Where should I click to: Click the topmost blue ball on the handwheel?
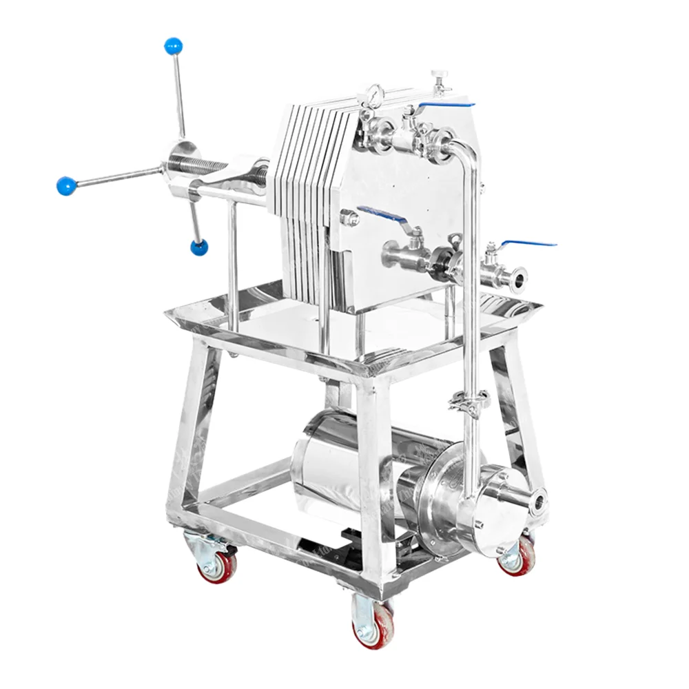pos(173,47)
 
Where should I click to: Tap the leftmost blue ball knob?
pos(66,185)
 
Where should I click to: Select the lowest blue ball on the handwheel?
pos(200,247)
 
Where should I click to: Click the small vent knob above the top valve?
pos(438,76)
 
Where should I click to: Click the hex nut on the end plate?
pos(349,219)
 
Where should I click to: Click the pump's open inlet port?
pos(537,501)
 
